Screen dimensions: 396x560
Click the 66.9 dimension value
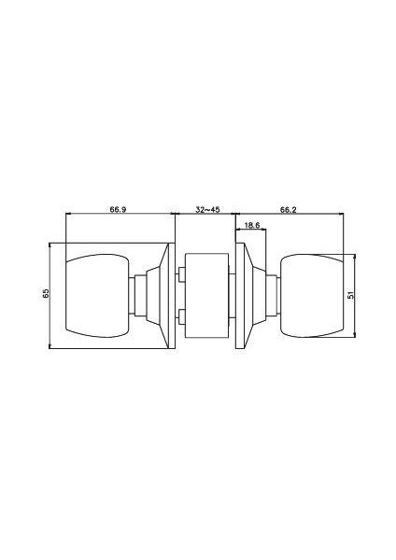coord(118,210)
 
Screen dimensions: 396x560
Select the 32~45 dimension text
coord(207,210)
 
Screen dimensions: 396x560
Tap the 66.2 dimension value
coord(289,210)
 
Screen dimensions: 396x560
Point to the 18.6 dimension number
coord(253,225)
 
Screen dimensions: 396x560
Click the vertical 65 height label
coord(46,294)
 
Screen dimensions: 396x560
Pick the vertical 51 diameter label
coord(350,295)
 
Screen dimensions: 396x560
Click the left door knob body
coord(97,296)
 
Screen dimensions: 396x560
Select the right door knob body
coord(312,295)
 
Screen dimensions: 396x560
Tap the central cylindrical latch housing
coord(207,296)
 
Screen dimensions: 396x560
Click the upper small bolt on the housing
coord(181,274)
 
